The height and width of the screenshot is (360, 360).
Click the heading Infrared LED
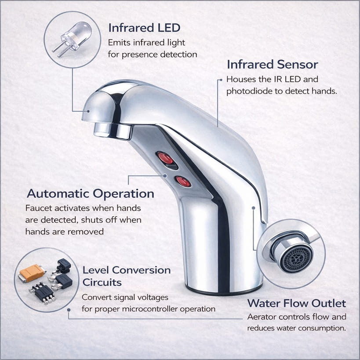pos(144,28)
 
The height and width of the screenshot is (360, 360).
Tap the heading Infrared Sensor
pos(273,64)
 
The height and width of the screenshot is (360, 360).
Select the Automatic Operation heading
pos(91,193)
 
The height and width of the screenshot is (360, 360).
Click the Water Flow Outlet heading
pos(297,303)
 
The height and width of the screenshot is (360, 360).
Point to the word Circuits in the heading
pos(102,282)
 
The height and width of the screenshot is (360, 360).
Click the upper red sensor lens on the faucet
pos(165,158)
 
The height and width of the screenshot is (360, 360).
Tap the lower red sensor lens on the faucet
pos(183,182)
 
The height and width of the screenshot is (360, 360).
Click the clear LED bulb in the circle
pos(76,35)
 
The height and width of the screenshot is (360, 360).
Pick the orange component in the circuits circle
pos(32,272)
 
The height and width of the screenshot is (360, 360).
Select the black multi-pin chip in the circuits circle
pos(43,292)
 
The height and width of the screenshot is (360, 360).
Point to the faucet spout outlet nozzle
pos(113,131)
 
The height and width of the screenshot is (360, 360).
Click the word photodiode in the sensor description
pos(249,91)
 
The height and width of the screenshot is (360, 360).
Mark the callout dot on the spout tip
pos(88,111)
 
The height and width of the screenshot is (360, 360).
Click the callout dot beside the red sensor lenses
pos(165,176)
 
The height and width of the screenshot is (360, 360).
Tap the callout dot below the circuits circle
pos(69,310)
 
